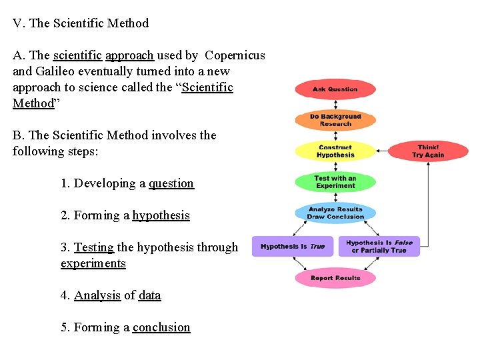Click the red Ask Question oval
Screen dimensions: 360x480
335,89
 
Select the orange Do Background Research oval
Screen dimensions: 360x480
335,120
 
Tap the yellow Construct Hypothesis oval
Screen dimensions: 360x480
335,151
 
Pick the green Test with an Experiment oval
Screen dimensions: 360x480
335,182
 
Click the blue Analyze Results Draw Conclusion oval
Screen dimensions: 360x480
335,213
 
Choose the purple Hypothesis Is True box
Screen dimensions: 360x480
293,247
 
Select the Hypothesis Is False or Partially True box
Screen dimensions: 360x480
379,247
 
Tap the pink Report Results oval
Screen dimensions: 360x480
335,278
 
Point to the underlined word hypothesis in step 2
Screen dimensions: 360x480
161,215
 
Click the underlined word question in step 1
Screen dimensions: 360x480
171,183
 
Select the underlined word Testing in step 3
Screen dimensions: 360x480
93,247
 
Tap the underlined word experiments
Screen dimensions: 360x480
93,263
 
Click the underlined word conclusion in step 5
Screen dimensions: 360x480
161,327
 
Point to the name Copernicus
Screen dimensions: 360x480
235,55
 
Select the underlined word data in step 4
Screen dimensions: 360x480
149,295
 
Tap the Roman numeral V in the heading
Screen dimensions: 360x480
17,23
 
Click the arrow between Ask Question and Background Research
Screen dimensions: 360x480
335,105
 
